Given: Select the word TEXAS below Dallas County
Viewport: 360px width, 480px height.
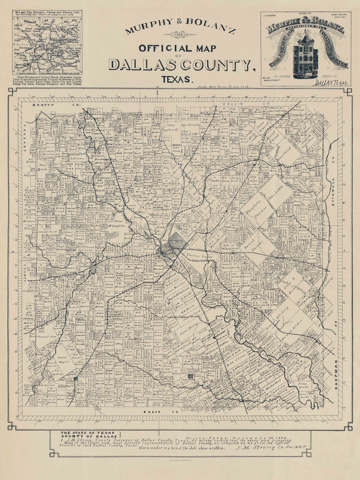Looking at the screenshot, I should pyautogui.click(x=180, y=79).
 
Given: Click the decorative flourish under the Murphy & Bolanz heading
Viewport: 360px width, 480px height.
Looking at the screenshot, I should pyautogui.click(x=180, y=34).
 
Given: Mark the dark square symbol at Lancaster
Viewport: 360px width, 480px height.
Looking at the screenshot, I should pyautogui.click(x=191, y=376).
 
